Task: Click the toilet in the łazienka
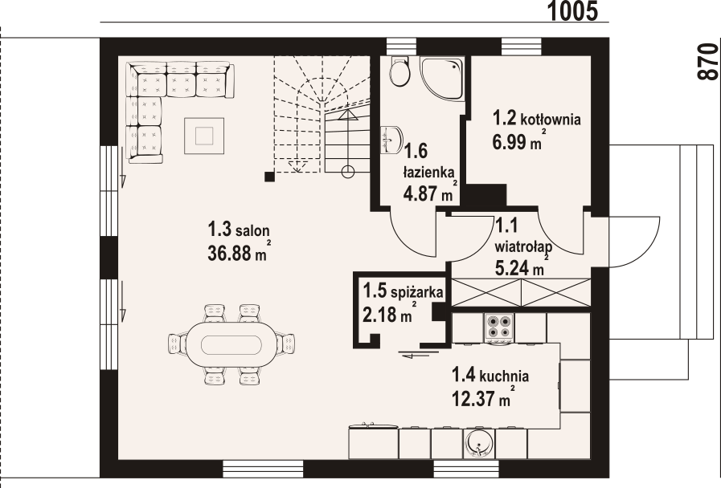click(x=398, y=72)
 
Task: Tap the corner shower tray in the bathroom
click(x=442, y=78)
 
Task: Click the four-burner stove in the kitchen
click(x=498, y=326)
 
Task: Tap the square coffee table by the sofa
click(x=205, y=133)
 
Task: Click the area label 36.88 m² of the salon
click(x=238, y=254)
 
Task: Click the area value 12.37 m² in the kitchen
click(x=482, y=396)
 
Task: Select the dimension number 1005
click(x=574, y=10)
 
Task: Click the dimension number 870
click(x=707, y=61)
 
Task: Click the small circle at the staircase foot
click(x=349, y=171)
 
